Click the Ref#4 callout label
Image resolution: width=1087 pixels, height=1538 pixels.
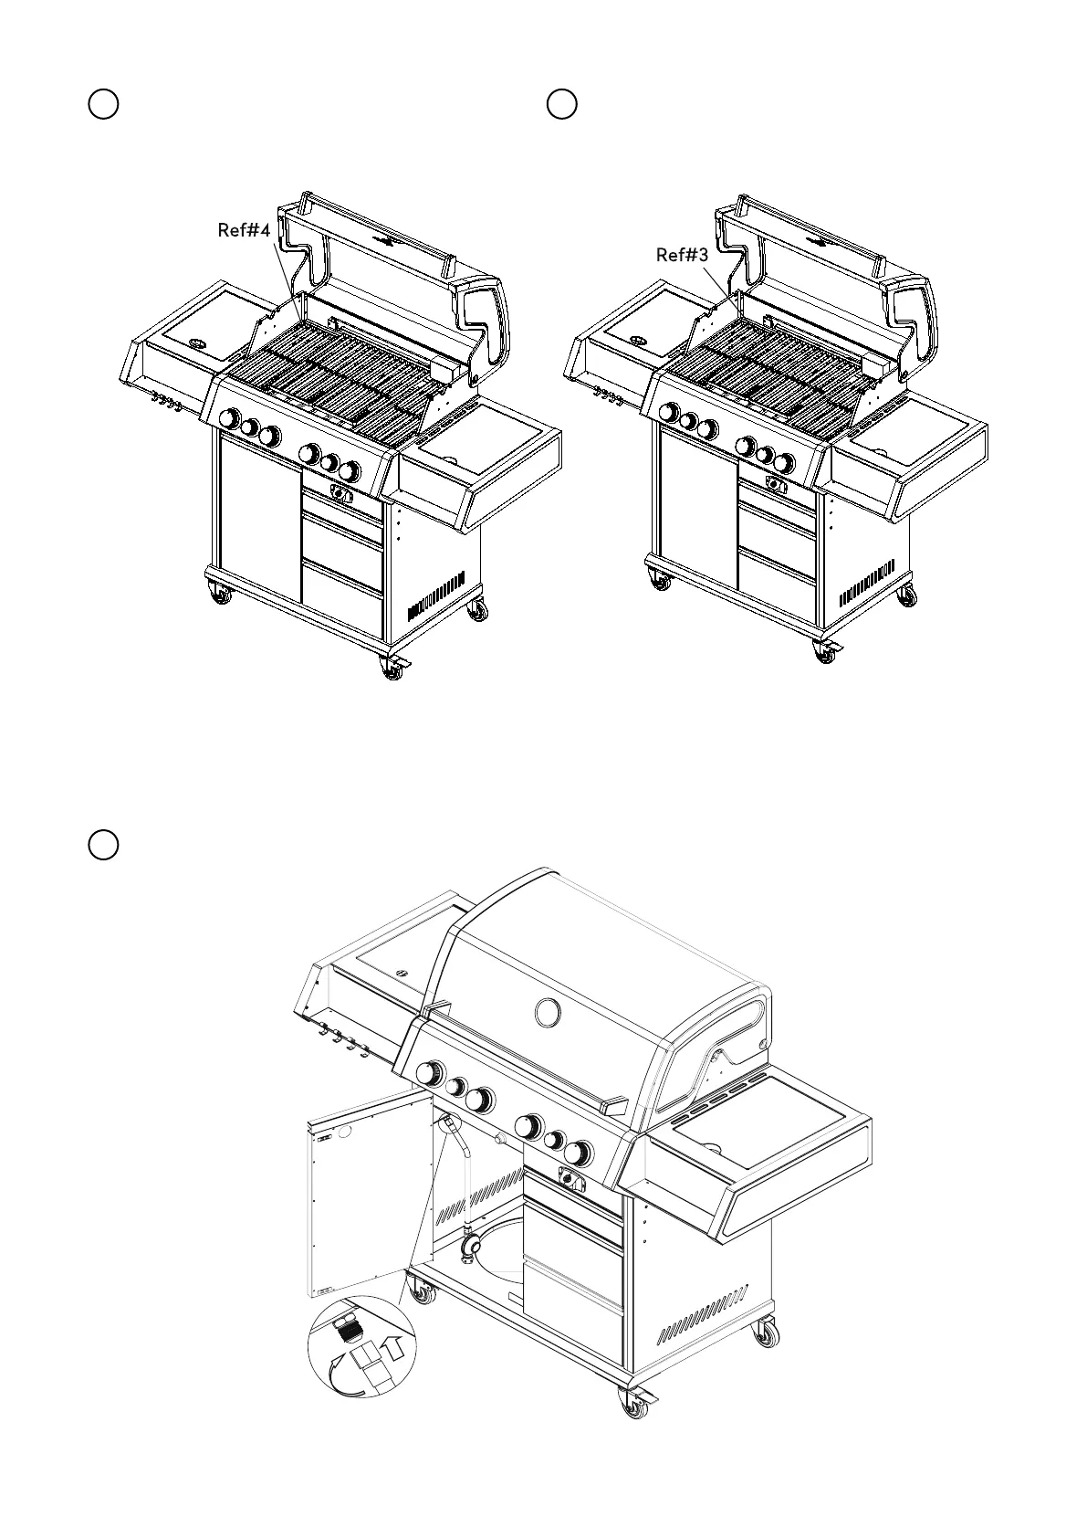coord(244,230)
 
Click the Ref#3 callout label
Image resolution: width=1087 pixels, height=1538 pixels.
coord(682,255)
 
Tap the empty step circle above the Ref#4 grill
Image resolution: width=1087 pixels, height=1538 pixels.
coord(103,104)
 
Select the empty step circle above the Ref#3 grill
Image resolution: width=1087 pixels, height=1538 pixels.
coord(562,104)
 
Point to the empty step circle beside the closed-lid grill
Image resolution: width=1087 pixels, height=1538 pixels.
coord(103,845)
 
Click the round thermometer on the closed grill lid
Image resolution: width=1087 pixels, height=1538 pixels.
coord(548,1012)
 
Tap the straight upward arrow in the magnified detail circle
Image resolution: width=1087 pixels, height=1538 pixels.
coord(392,1345)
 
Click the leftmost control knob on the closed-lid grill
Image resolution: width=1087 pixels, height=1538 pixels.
coord(430,1072)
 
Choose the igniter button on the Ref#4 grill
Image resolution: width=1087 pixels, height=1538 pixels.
coord(341,494)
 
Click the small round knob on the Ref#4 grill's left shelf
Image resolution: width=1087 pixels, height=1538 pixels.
coord(198,343)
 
